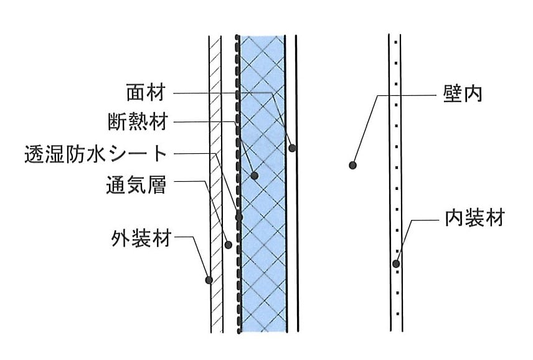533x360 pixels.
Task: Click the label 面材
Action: [146, 92]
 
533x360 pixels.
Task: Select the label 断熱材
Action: [138, 121]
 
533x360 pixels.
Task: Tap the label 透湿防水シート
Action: [95, 154]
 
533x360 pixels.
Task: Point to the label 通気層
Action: [136, 185]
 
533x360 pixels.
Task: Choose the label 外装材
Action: [141, 238]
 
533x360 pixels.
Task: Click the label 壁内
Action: [463, 93]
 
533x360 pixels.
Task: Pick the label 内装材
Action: [474, 218]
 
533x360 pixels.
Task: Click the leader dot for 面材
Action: [292, 148]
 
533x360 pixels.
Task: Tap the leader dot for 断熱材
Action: [254, 176]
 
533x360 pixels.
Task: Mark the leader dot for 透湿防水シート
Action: [238, 217]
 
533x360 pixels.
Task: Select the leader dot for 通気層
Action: [229, 244]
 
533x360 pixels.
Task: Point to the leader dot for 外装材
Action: [209, 280]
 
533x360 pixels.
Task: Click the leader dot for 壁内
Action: [353, 166]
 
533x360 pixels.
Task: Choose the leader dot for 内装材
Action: [396, 263]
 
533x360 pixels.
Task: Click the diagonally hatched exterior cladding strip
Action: [216, 184]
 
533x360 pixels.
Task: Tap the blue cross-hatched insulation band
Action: [263, 184]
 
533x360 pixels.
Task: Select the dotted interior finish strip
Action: [395, 183]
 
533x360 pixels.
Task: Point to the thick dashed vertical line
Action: [238, 184]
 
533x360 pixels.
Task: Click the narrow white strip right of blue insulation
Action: [292, 184]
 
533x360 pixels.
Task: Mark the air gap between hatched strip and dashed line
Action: [230, 184]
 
